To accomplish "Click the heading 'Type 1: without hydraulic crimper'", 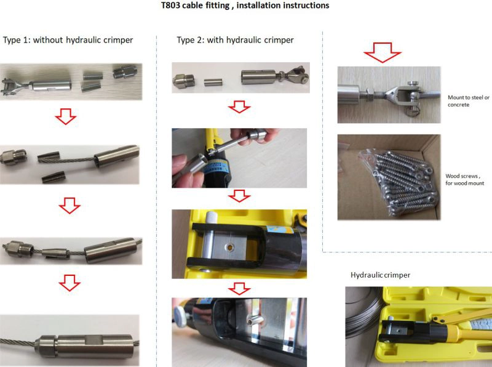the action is tap(68, 40).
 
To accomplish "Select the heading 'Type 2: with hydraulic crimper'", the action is tap(235, 40).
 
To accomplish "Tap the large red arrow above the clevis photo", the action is tap(382, 52).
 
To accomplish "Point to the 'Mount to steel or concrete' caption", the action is tap(468, 101).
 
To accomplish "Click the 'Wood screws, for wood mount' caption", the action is tap(465, 179).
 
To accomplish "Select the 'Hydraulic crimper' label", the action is tap(380, 275).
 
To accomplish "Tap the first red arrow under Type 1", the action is tap(66, 116).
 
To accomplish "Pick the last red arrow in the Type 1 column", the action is tap(69, 283).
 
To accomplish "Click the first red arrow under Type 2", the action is tap(239, 107).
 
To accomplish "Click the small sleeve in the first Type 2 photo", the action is tap(213, 82).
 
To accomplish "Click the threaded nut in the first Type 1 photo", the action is tap(122, 72).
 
